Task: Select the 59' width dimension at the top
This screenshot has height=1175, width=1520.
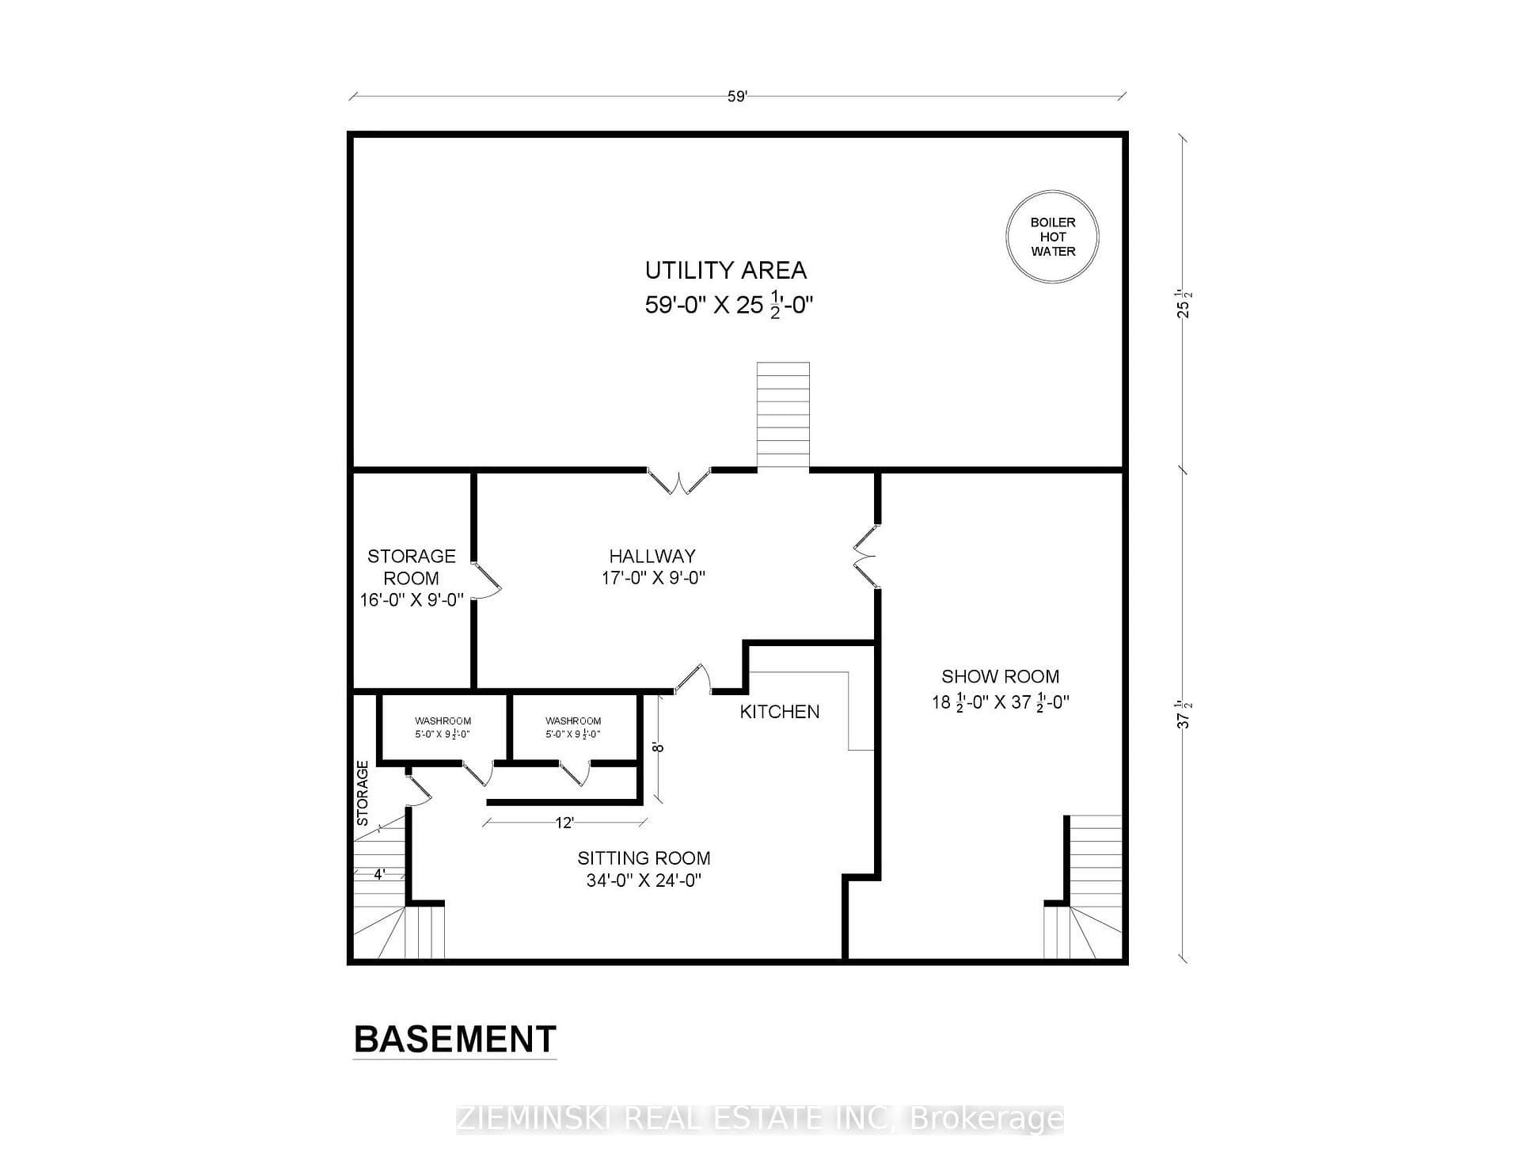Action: [737, 97]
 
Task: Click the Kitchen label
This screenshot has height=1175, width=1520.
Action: [780, 712]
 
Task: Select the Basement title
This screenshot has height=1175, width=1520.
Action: [455, 1039]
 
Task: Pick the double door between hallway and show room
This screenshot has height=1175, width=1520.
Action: [865, 556]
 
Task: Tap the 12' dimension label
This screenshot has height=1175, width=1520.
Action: [564, 823]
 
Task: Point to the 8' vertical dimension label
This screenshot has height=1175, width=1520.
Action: [657, 746]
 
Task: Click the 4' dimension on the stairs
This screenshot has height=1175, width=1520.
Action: [379, 875]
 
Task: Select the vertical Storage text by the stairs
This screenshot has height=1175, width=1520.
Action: [363, 793]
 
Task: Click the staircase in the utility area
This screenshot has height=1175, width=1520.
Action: [783, 416]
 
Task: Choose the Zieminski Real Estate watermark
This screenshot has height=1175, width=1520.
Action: [760, 1119]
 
